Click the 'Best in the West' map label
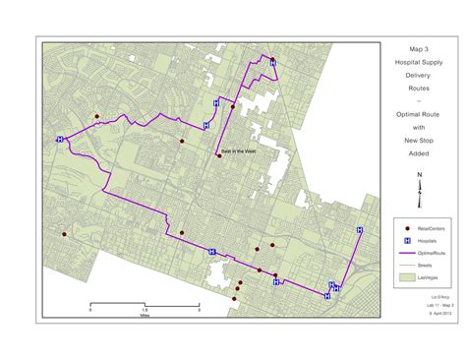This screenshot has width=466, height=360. coord(237,150)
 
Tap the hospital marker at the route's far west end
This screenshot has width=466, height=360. coord(61,140)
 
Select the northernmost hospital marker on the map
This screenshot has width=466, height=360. coord(272,62)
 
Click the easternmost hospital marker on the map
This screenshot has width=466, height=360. coord(359,228)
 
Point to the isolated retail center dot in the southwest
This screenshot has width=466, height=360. coord(63,235)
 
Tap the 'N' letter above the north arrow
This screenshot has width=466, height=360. coord(419,174)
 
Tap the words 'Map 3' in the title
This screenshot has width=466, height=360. coord(418,47)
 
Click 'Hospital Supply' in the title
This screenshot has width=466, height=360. coord(418,61)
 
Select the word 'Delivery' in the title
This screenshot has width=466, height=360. coord(418,74)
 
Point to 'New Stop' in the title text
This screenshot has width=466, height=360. coord(418,141)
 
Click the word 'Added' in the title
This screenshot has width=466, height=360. coord(418,153)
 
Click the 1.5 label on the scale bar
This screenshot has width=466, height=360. coord(145,309)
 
